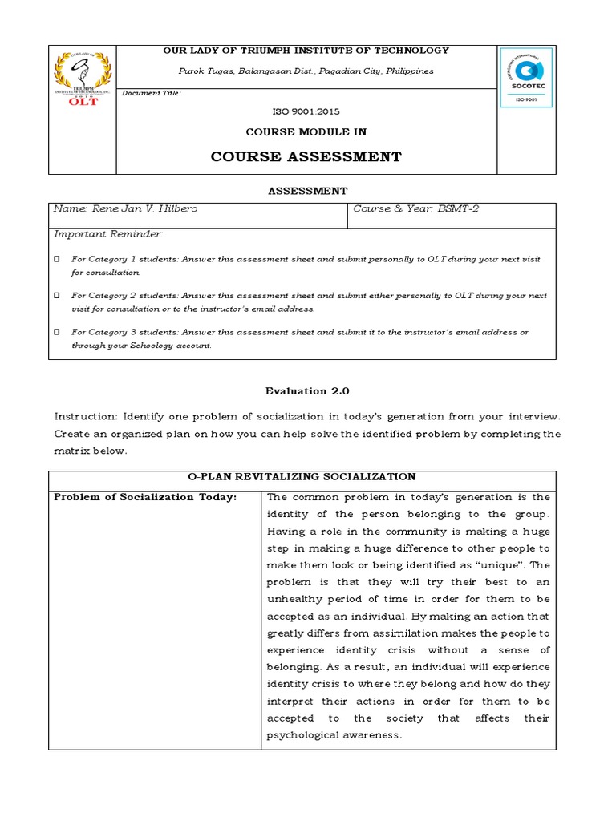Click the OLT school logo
pos(82,79)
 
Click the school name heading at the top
pos(306,51)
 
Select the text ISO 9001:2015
pos(306,112)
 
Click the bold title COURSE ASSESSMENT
pos(306,156)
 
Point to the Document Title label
pos(152,93)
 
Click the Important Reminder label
pos(108,234)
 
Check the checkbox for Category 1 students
pos(57,259)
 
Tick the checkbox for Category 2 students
pos(57,296)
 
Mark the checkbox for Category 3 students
pos(57,332)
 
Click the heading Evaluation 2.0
pos(307,390)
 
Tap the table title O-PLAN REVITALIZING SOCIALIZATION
pos(302,476)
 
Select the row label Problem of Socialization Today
pos(145,497)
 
